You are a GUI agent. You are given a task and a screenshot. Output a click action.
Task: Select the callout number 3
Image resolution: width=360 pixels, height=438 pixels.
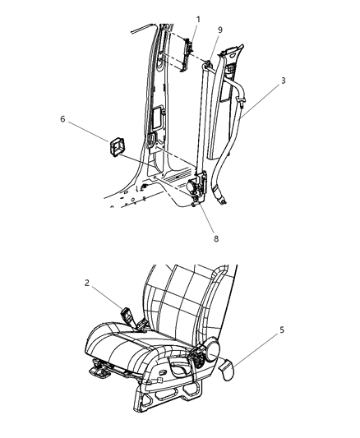pos(284,81)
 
